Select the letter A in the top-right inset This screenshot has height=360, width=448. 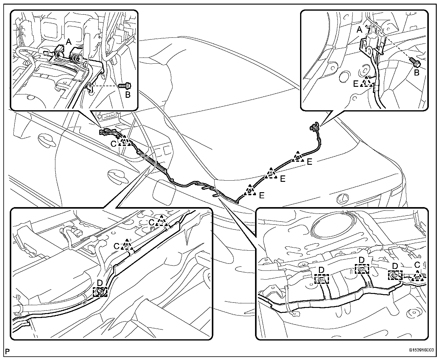coord(359,30)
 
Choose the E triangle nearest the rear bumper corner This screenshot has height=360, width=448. coord(250,190)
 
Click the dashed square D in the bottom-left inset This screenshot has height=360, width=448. coord(100,291)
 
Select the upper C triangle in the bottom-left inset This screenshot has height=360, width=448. coord(162,222)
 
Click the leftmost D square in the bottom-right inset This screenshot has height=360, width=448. coord(322,278)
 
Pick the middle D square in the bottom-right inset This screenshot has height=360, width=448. coord(362,269)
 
